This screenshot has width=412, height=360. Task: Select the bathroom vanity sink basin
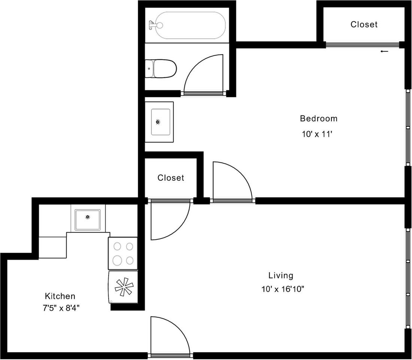(x=160, y=122)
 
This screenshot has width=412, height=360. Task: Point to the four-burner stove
(x=123, y=253)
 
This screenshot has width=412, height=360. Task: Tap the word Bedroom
(x=318, y=118)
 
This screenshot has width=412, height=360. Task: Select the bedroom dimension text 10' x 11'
(x=317, y=134)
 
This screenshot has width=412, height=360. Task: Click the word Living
(x=281, y=276)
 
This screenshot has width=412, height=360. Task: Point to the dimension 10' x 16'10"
(x=283, y=289)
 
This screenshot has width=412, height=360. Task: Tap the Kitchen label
(x=60, y=296)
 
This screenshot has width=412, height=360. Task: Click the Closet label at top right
(x=364, y=24)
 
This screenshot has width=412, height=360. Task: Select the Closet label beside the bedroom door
(x=171, y=178)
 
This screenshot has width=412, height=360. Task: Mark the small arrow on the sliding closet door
(x=384, y=51)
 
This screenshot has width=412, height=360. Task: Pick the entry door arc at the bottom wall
(x=170, y=336)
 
